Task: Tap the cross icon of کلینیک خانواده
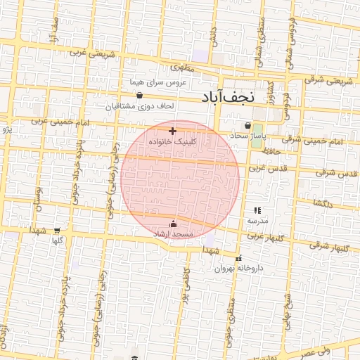tap(172, 131)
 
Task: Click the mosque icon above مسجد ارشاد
tap(174, 224)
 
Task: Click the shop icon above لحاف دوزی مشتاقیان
tap(139, 95)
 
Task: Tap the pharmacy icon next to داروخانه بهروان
tap(240, 258)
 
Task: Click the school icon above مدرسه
tap(257, 210)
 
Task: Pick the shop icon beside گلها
tap(56, 230)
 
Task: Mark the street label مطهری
tap(180, 68)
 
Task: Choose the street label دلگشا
tap(328, 203)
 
